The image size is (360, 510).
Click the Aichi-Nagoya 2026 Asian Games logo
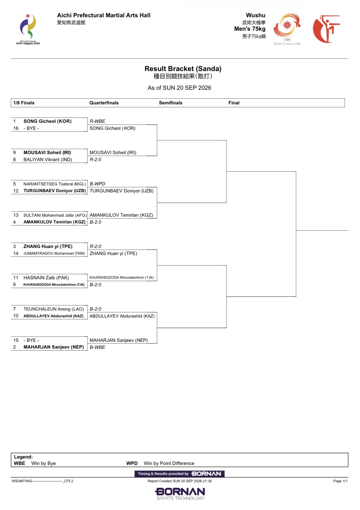point(28,29)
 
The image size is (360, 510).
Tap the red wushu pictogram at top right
point(326,29)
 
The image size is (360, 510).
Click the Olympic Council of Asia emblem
point(287,29)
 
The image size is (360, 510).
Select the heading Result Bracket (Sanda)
point(183,69)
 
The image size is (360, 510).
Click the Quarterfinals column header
point(104,103)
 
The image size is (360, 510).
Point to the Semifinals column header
point(170,103)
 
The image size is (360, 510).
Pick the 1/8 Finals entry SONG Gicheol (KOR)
point(47,121)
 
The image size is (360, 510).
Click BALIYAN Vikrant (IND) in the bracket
point(48,160)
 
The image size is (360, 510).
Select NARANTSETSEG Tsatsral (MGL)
point(55,184)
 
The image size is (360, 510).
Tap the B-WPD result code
point(97,184)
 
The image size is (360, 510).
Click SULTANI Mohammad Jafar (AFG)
point(55,215)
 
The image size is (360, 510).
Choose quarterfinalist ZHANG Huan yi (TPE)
point(113,254)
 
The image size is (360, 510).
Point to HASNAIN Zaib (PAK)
point(46,278)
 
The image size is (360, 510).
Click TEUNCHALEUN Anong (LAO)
point(54,309)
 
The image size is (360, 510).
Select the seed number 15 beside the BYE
point(16,340)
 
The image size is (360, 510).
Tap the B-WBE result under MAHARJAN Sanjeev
point(97,347)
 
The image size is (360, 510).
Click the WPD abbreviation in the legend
point(132,463)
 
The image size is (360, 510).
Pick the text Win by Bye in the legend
point(44,463)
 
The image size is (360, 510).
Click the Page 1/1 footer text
point(340,481)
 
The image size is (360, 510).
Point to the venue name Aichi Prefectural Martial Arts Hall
point(104,15)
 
